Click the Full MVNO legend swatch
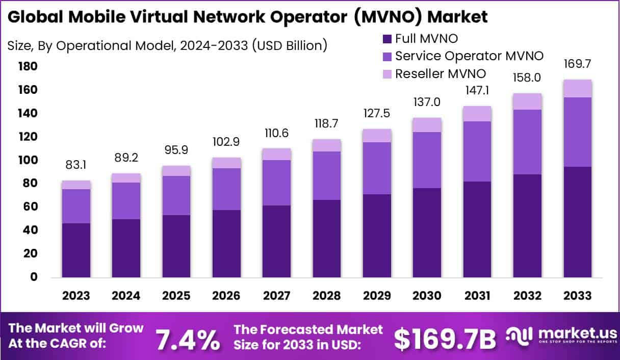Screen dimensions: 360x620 386,38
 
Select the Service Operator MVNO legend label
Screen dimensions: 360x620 469,56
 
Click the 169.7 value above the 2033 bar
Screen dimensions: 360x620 578,64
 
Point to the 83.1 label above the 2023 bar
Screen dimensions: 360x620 76,166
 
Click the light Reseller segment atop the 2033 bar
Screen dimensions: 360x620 578,88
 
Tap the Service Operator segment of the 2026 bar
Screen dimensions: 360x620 226,189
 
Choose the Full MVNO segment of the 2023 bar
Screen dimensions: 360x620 76,250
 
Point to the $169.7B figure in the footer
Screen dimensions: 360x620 445,339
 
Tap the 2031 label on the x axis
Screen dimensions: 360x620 477,296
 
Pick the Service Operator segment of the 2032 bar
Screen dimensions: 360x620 527,142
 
